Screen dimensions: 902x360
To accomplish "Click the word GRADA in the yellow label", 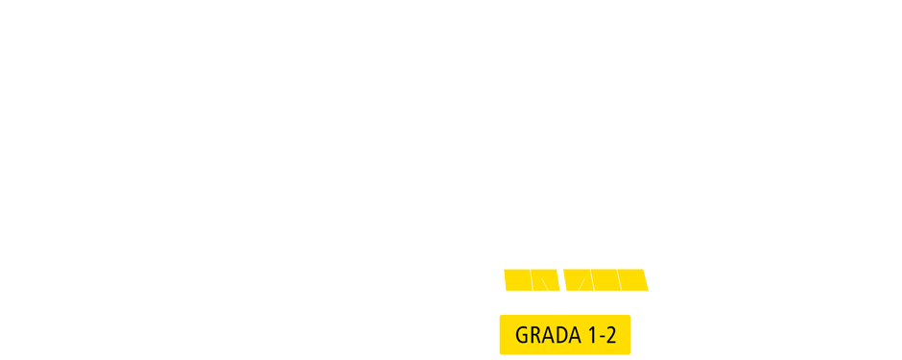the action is click(x=547, y=335).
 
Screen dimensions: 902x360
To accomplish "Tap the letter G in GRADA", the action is click(x=522, y=335).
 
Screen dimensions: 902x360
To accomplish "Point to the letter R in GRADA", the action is click(x=534, y=335).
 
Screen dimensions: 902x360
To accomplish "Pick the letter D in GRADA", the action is click(x=559, y=335).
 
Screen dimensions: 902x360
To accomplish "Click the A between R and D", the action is click(x=547, y=335).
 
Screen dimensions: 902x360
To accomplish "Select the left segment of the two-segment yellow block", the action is click(x=517, y=279).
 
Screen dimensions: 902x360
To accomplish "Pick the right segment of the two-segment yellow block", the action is click(x=545, y=279).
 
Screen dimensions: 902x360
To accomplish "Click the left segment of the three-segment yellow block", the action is click(x=578, y=279).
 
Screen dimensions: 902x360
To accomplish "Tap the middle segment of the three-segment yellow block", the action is click(x=605, y=279).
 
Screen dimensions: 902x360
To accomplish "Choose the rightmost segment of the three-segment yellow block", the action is click(x=632, y=279).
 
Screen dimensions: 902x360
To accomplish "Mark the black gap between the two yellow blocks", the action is click(x=561, y=279).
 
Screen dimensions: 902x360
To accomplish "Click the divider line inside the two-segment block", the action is click(x=531, y=279).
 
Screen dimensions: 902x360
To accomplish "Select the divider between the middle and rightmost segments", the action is click(x=618, y=279).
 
